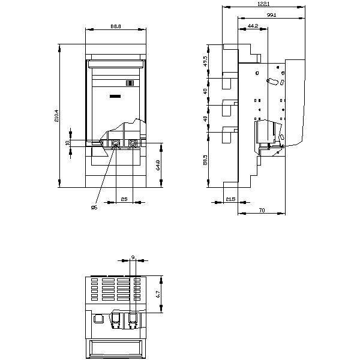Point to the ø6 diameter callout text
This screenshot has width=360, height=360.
pos(94,208)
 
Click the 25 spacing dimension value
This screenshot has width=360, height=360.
pos(124,198)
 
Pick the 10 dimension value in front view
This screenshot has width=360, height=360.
pos(68,143)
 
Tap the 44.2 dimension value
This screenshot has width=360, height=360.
pos(252,26)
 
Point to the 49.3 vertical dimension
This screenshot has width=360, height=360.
pos(205,61)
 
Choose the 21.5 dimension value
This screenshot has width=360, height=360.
pos(230,199)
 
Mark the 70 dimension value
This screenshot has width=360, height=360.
pos(263,211)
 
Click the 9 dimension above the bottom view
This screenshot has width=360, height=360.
pos(133,257)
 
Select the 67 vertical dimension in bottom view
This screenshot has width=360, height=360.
pos(157,295)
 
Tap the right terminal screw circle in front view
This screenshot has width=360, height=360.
pos(131,143)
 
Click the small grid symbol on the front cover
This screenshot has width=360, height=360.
pos(130,83)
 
